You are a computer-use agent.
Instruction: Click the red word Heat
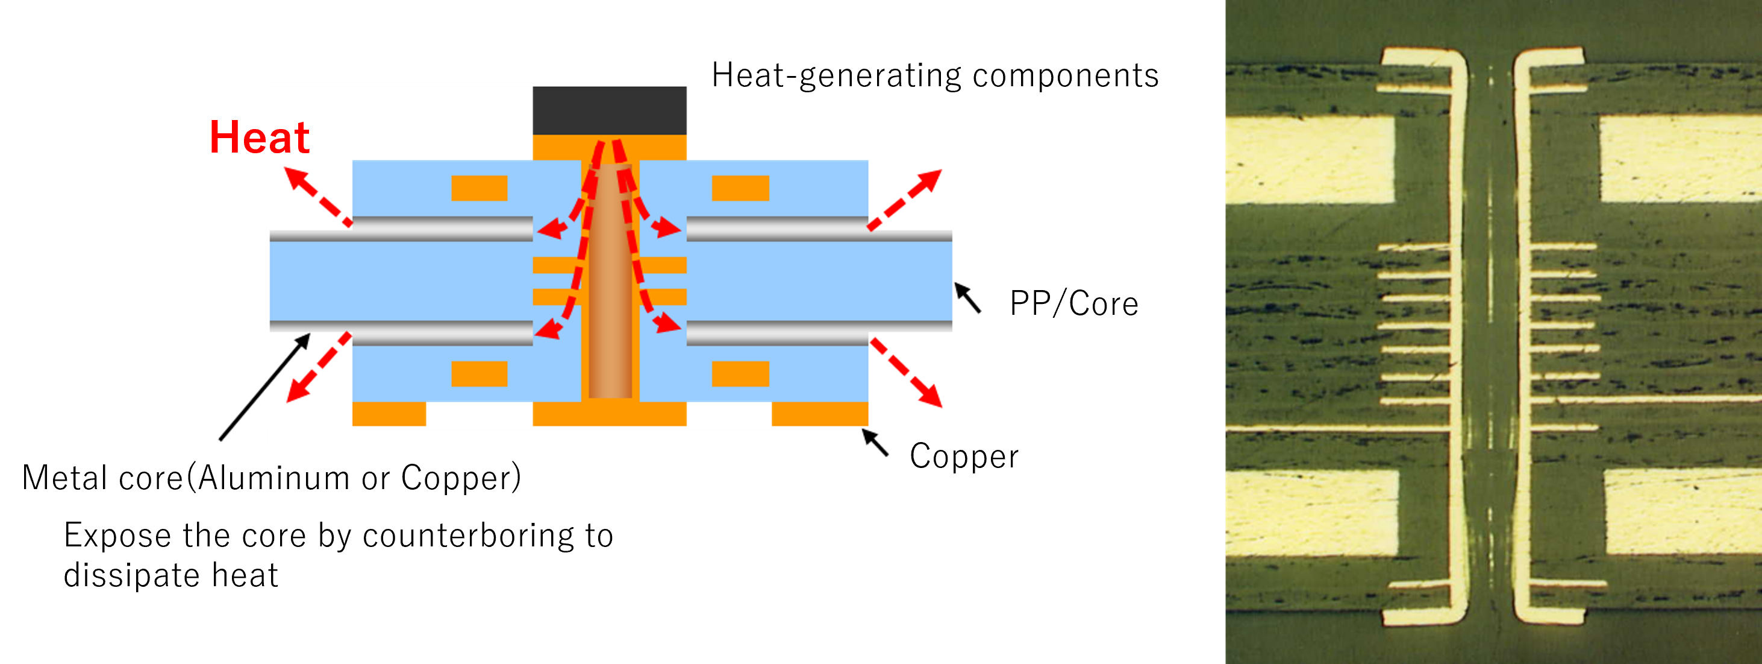[x=259, y=138]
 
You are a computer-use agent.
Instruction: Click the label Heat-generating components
[x=934, y=75]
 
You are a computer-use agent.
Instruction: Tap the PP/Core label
[x=1074, y=304]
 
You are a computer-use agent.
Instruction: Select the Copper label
[x=964, y=457]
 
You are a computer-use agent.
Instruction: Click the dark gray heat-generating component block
[x=610, y=111]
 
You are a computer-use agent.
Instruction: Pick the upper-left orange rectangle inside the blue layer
[x=479, y=188]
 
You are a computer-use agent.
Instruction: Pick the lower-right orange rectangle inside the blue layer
[x=740, y=374]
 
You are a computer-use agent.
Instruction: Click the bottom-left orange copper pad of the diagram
[x=389, y=414]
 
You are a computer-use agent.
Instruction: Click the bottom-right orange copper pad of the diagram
[x=819, y=414]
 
